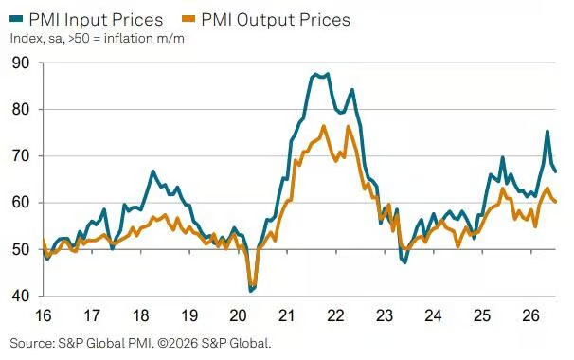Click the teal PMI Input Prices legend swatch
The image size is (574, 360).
16,18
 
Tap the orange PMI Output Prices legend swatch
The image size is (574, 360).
188,18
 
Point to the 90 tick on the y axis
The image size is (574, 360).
21,63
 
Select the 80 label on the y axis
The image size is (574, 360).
21,110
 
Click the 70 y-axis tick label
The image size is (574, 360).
21,156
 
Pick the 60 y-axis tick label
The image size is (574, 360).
21,203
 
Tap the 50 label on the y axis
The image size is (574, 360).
21,249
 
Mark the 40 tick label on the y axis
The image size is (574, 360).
21,296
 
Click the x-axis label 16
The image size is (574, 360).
44,315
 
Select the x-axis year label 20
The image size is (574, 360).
238,315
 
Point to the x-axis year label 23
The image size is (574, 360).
385,315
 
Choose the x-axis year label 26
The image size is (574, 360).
530,315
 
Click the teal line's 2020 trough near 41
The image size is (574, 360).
251,291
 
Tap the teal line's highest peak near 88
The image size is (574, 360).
328,74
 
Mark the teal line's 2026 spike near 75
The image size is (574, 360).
547,131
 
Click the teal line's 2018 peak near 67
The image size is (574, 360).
152,171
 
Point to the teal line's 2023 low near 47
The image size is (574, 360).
404,262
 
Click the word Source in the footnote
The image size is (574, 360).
31,344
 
